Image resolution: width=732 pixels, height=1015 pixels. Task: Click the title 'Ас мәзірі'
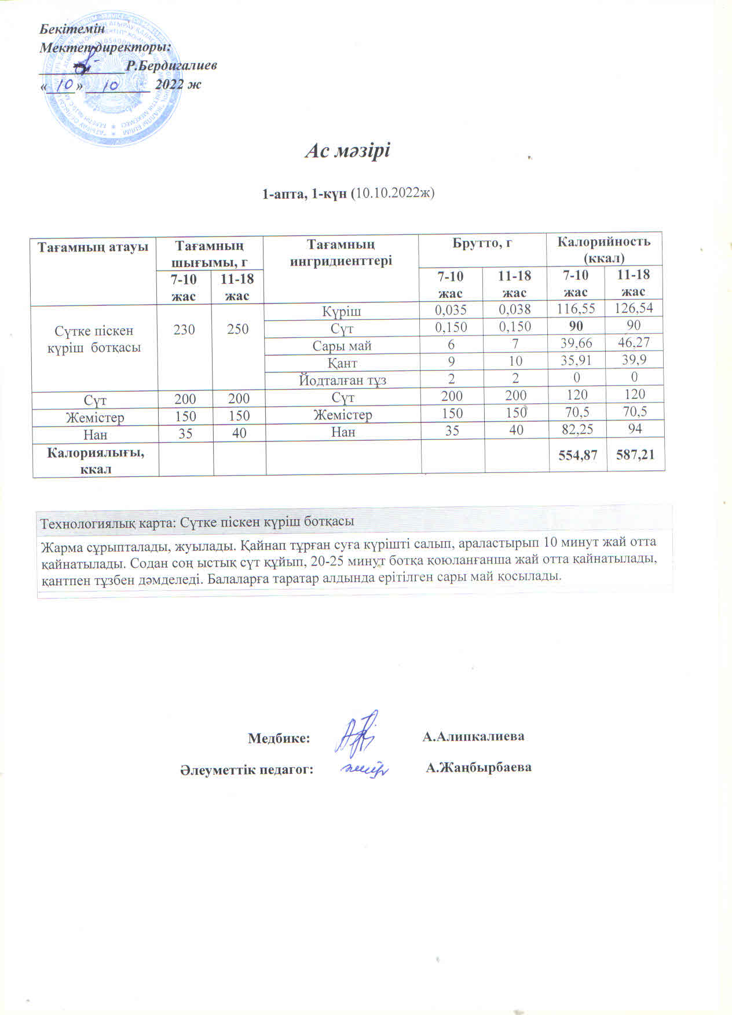click(x=347, y=151)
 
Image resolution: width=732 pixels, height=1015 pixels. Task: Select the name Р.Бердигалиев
click(x=171, y=66)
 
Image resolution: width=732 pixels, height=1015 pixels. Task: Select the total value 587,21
click(x=635, y=455)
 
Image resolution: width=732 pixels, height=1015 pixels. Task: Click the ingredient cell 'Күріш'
click(x=342, y=312)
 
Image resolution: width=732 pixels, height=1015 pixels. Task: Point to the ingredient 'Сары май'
click(x=342, y=346)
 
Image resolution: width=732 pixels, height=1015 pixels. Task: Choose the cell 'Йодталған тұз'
click(x=342, y=381)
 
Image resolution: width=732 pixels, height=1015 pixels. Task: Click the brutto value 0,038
click(x=515, y=310)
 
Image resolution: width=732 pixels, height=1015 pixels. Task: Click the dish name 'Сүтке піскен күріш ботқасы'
click(x=94, y=339)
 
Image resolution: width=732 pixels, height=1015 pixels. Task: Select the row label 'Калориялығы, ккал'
click(x=96, y=460)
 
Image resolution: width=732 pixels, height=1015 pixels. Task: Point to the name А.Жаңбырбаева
click(x=478, y=768)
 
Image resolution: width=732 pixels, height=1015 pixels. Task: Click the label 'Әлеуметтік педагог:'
click(x=246, y=769)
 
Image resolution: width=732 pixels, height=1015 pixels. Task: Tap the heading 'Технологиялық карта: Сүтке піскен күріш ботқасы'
click(x=196, y=521)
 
